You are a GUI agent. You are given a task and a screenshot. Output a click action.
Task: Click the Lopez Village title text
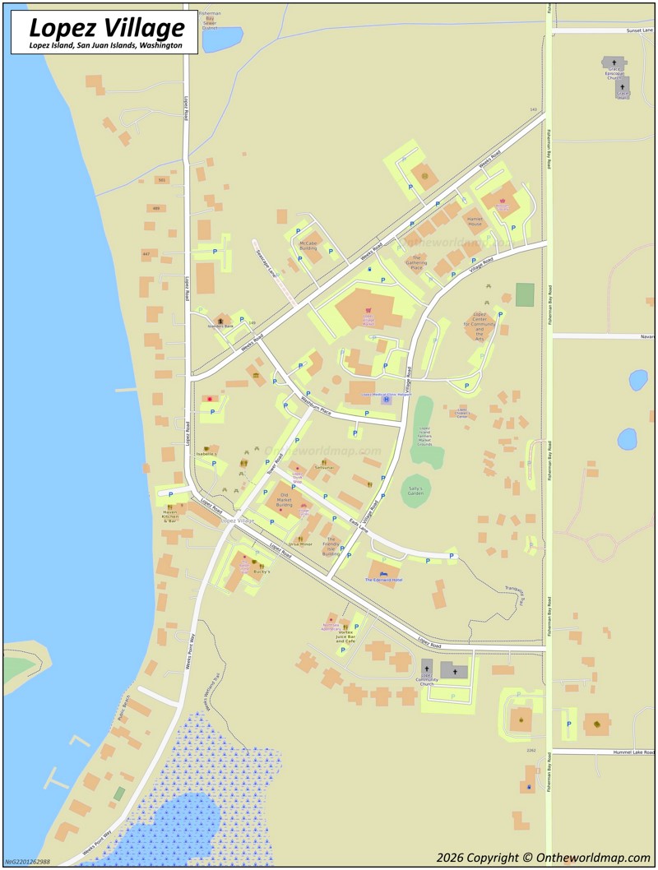(x=107, y=28)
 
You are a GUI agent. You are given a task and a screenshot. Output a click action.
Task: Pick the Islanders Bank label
(x=220, y=326)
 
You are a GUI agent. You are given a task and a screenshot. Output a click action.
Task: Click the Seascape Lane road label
(x=263, y=263)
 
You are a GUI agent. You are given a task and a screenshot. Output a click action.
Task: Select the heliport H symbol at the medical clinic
(x=386, y=400)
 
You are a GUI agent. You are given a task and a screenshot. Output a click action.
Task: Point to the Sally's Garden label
(x=416, y=491)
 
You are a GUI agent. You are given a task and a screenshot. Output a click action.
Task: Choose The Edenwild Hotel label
(x=383, y=580)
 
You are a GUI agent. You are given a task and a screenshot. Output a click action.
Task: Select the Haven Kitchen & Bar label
(x=170, y=516)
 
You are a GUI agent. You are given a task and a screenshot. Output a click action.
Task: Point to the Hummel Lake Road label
(x=633, y=752)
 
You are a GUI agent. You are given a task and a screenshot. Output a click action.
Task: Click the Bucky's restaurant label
(x=262, y=571)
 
